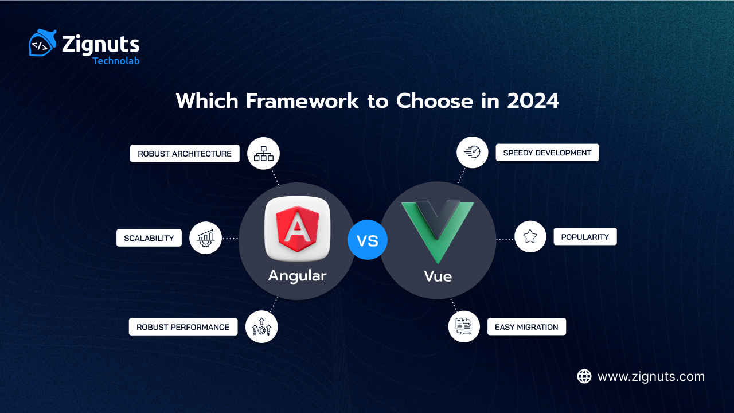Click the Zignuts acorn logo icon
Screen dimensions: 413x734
42,43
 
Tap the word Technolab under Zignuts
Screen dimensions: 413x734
116,60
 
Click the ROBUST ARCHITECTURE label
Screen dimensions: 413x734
185,154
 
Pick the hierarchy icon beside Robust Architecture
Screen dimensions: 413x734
264,154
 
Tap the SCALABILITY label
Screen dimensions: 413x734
149,238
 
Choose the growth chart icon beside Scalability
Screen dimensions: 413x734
205,238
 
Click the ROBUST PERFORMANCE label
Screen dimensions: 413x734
183,327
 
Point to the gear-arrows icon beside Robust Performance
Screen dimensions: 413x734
261,327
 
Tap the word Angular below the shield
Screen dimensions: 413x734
297,275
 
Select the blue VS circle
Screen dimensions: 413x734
368,240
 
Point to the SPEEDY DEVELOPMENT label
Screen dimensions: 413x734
547,153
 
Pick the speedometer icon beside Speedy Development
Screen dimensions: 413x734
473,153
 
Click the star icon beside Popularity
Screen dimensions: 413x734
530,236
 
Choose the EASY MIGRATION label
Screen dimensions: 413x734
526,327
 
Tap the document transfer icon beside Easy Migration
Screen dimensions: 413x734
464,327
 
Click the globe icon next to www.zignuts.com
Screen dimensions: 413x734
584,376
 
